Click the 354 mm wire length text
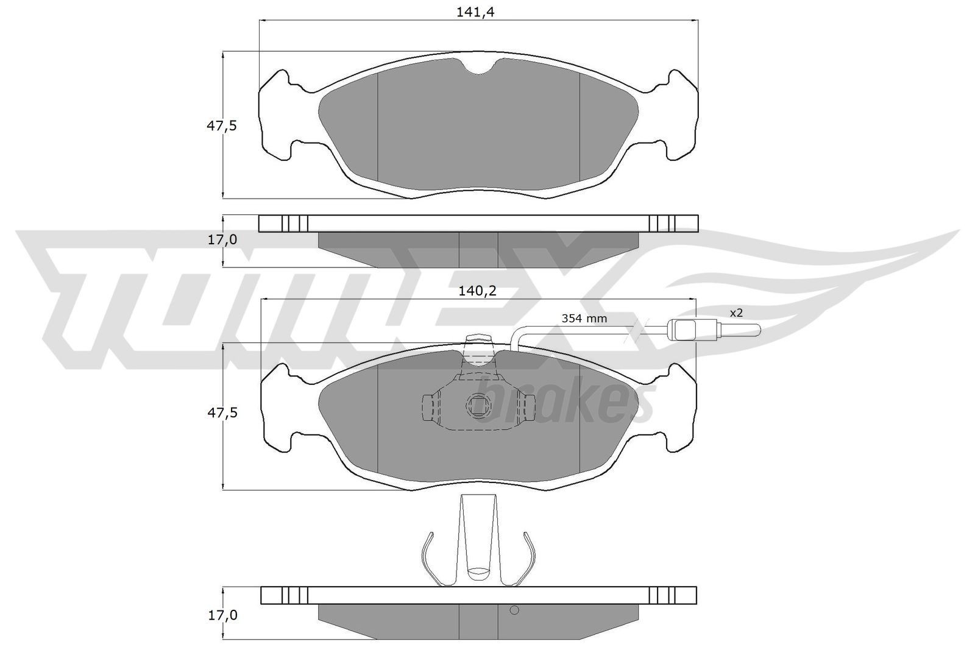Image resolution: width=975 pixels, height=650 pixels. pyautogui.click(x=584, y=318)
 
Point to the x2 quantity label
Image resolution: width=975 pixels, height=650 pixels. pyautogui.click(x=736, y=313)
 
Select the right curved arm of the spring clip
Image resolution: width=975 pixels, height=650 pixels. pyautogui.click(x=528, y=556)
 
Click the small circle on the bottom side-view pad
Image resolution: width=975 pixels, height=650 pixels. pyautogui.click(x=513, y=610)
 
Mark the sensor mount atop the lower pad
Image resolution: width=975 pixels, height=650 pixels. pyautogui.click(x=478, y=345)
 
